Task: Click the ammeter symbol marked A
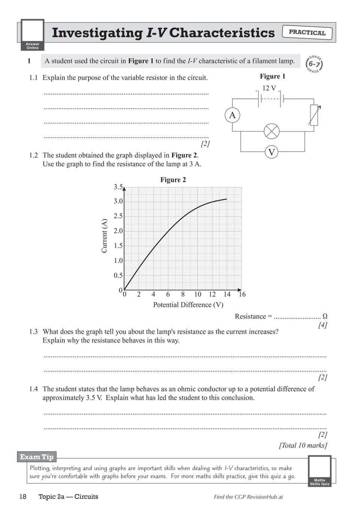coord(232,115)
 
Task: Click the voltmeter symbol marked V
coord(272,152)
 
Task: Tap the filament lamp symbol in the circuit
coord(272,131)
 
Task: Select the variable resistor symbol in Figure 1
coord(314,115)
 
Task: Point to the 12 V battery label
coord(269,88)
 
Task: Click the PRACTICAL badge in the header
coord(307,33)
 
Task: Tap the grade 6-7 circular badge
coord(314,64)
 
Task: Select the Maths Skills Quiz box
coord(320,471)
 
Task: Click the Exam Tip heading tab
coord(37,457)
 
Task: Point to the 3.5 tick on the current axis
coord(118,187)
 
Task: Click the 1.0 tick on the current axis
coord(118,260)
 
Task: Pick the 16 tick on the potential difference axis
coord(242,295)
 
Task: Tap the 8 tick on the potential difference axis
coord(183,295)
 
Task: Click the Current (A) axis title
coord(105,236)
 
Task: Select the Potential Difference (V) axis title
coord(188,305)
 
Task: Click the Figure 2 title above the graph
coord(173,180)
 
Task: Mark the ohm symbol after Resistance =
coord(325,316)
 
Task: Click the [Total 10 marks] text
coord(303,445)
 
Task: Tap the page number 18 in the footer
coord(23,497)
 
